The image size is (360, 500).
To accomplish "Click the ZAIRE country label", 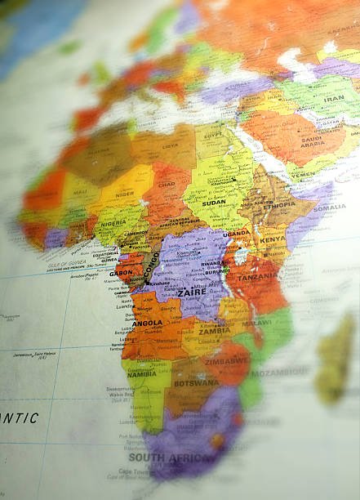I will (x=192, y=290).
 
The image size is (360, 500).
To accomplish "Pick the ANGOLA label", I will (x=147, y=323).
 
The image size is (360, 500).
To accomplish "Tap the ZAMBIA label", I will (x=214, y=331).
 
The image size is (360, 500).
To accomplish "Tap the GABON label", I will (x=122, y=273).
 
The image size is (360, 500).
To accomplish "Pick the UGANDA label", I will (x=237, y=233).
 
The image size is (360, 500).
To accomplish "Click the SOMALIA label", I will (x=330, y=207).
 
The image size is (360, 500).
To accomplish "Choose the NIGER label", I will (x=124, y=194).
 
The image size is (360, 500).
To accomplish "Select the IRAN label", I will (x=334, y=98).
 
